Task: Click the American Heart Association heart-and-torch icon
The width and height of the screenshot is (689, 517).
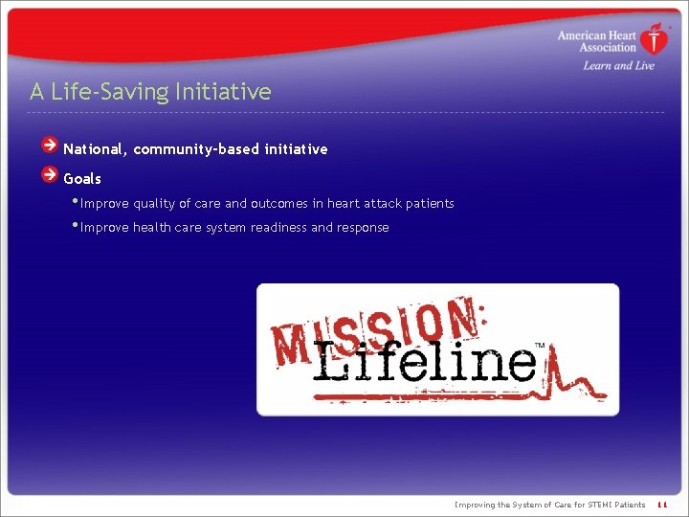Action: pos(656,39)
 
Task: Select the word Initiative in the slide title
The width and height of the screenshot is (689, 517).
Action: pos(223,92)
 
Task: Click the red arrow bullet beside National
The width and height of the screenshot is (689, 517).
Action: pos(50,146)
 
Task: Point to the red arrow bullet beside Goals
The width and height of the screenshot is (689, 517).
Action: pos(50,175)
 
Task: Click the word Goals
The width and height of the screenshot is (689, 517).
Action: pos(82,179)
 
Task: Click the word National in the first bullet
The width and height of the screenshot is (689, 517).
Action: pos(94,149)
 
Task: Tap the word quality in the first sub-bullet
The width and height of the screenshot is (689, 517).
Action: pos(154,204)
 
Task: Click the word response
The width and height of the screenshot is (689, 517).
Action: pos(363,228)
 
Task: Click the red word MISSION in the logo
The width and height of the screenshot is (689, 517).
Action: pos(373,330)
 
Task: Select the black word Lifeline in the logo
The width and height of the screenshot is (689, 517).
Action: pos(426,362)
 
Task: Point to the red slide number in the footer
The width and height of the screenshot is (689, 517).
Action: pos(661,505)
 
